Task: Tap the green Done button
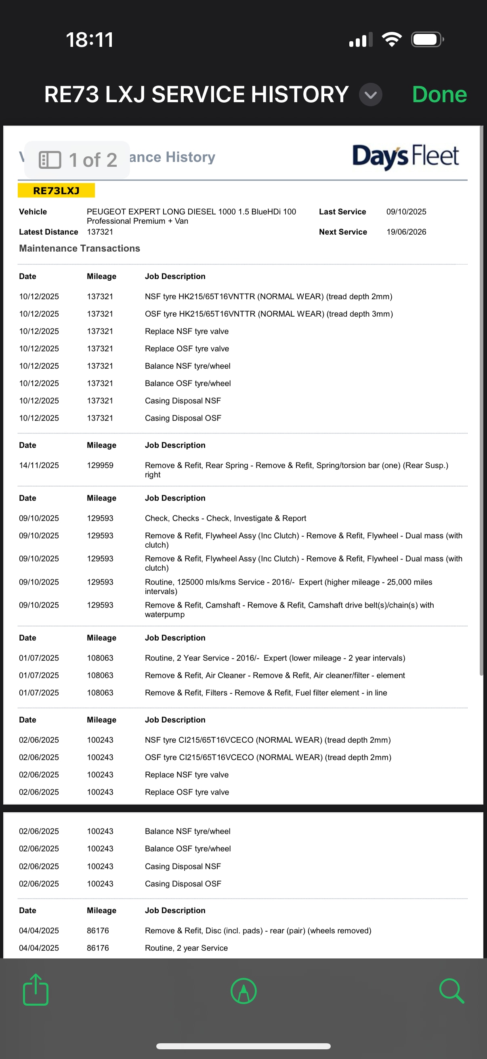pos(439,95)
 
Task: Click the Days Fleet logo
pos(405,157)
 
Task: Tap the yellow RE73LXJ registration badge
pos(56,191)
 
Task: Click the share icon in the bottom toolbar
pos(36,990)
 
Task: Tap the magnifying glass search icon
pos(451,991)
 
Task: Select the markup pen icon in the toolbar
pos(244,991)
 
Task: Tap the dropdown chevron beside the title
pos(370,95)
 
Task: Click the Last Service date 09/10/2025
pos(406,212)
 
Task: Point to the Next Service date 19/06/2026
pos(406,232)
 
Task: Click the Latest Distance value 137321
pos(100,232)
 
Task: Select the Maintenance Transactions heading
pos(79,248)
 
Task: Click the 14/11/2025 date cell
pos(39,465)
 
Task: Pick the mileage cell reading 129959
pos(100,465)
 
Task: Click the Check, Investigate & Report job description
pos(225,519)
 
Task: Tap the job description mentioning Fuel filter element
pos(265,693)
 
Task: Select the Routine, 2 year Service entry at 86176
pos(186,948)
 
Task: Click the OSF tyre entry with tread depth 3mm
pos(269,314)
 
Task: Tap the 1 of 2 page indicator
pos(77,160)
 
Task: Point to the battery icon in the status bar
pos(426,40)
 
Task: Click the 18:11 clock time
pos(90,40)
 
